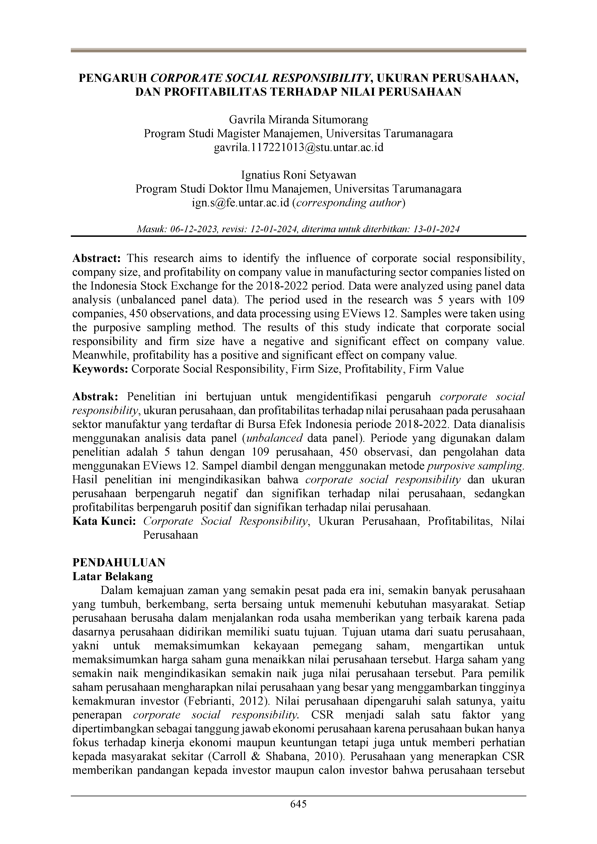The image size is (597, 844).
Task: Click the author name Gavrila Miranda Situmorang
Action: (298, 120)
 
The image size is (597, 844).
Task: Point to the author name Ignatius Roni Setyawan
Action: (298, 175)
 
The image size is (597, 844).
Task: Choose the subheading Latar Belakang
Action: (113, 576)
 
